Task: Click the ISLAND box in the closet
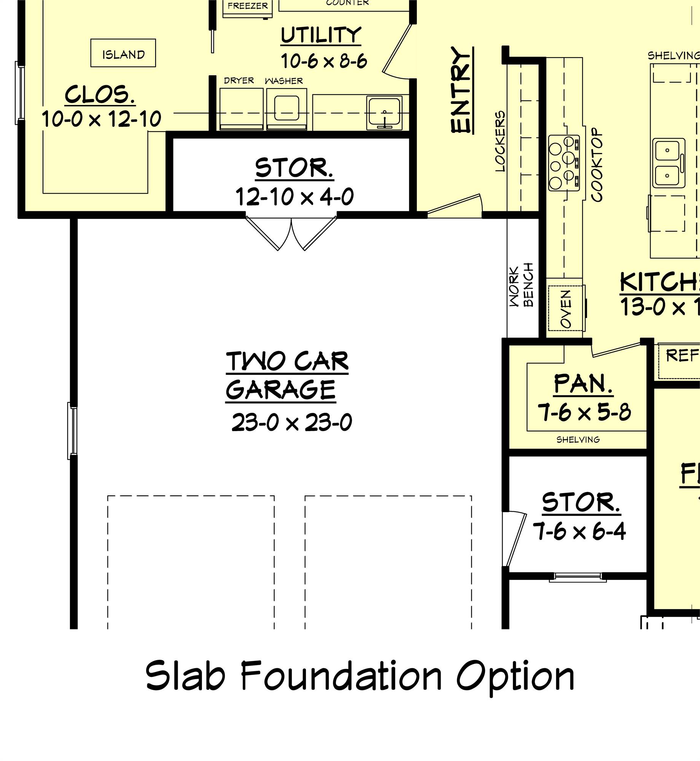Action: (x=123, y=53)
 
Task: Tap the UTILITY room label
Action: (x=321, y=35)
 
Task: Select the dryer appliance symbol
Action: (x=241, y=109)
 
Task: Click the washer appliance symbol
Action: (x=286, y=109)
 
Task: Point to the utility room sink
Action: (x=384, y=113)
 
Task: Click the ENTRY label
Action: (x=462, y=90)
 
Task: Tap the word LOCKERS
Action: (x=500, y=141)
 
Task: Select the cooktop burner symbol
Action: (x=564, y=163)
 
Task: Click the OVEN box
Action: (x=565, y=309)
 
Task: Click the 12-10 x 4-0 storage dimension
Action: (x=294, y=197)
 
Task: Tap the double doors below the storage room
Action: (x=291, y=233)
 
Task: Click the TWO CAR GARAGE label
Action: (x=287, y=376)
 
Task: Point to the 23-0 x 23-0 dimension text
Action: (x=292, y=422)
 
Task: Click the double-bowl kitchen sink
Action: (x=668, y=163)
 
